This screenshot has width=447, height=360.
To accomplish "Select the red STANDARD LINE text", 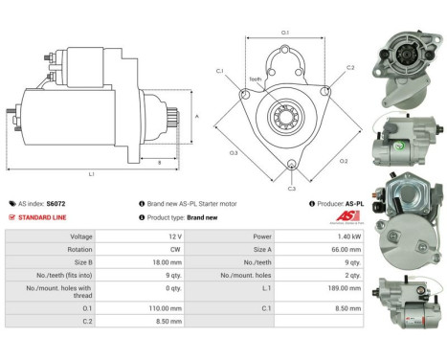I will [x=41, y=217].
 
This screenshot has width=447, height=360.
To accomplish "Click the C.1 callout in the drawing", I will [x=219, y=71].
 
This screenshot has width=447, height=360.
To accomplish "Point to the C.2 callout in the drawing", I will [x=349, y=68].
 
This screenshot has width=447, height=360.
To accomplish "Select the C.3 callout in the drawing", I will [x=292, y=189].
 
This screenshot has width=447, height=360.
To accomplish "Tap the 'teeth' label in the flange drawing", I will [x=256, y=79].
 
